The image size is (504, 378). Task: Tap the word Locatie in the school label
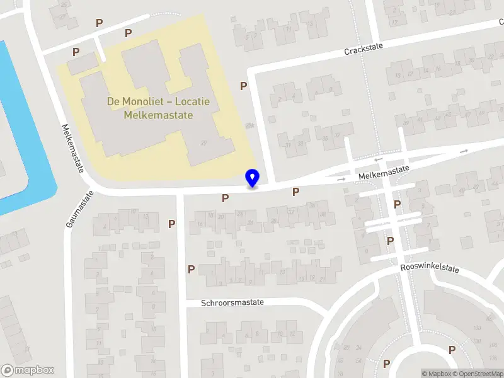(x=193, y=102)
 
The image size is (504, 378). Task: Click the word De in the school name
(x=113, y=102)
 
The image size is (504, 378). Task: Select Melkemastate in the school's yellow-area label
(x=158, y=115)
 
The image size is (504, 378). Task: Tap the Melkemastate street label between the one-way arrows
(x=382, y=172)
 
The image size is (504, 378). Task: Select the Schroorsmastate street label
(x=232, y=302)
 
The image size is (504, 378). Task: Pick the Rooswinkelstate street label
(x=430, y=268)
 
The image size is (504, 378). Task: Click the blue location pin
(x=252, y=178)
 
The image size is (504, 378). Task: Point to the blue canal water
(x=19, y=126)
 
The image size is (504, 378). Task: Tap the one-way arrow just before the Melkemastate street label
(x=342, y=180)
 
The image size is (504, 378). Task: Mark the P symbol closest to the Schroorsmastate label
(x=191, y=269)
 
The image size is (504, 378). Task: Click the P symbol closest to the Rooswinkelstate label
(x=391, y=241)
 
